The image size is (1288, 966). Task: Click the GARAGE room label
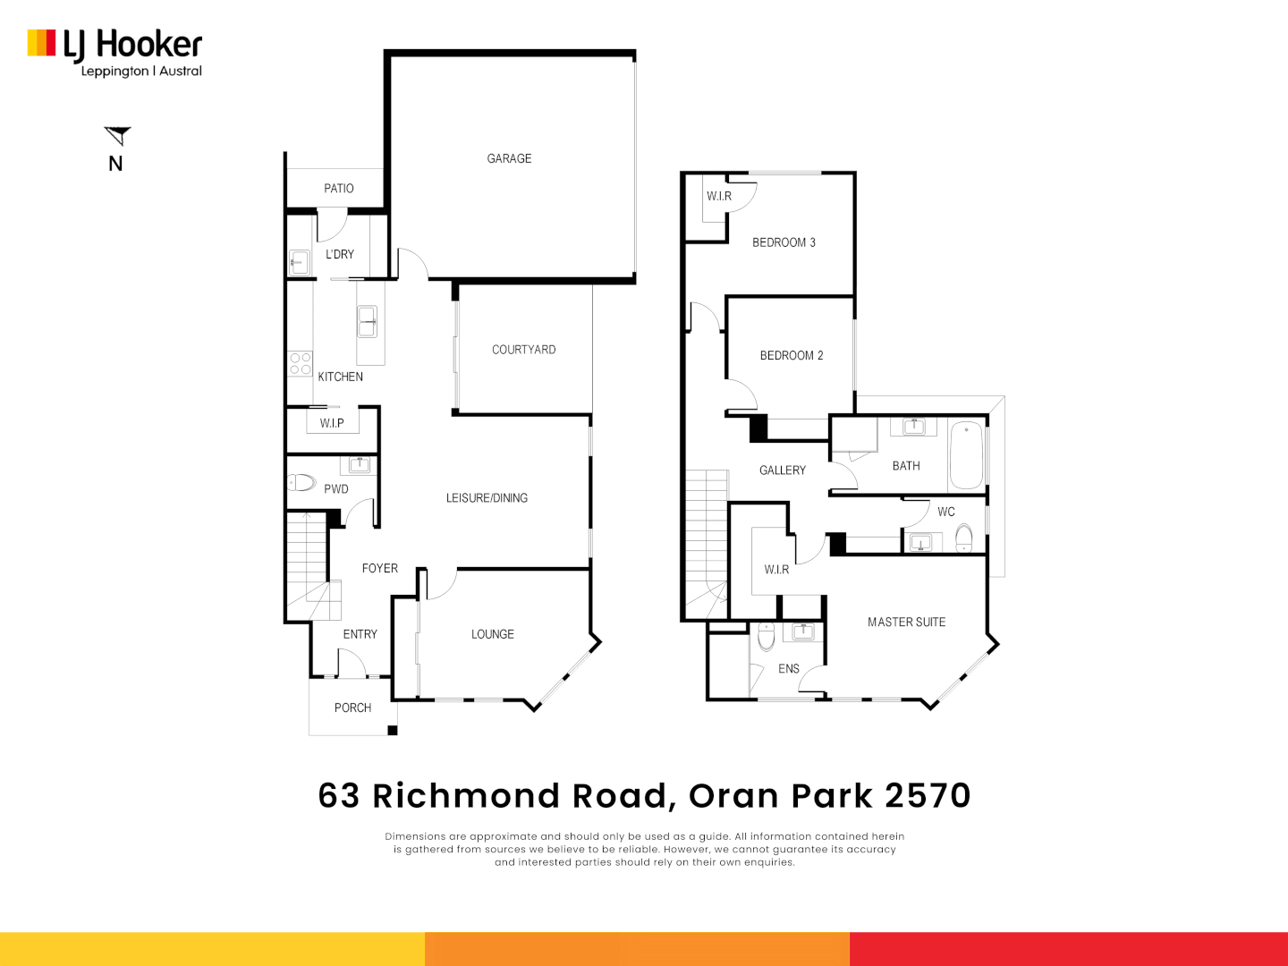[x=509, y=158]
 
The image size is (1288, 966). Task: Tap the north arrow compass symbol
[x=117, y=136]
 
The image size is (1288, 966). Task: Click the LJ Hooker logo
[x=114, y=53]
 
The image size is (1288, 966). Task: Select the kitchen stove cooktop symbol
[x=301, y=363]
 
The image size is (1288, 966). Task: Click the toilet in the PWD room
[x=302, y=483]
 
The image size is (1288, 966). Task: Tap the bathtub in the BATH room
[x=966, y=456]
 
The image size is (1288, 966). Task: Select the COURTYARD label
[x=523, y=350]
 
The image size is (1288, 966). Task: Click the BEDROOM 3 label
[x=784, y=242]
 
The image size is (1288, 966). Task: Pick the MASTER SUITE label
[x=906, y=622]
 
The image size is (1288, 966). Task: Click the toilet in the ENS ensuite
[x=766, y=637]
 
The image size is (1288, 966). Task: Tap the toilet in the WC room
[x=963, y=538]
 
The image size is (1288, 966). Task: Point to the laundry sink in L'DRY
[x=299, y=262]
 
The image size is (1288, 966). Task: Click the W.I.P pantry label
[x=332, y=423]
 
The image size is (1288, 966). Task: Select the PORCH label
[x=352, y=708]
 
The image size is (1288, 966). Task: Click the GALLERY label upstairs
[x=782, y=470]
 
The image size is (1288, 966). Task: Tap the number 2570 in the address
[x=928, y=795]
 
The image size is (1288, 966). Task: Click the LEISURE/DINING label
[x=487, y=498]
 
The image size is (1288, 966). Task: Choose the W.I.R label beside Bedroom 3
[x=718, y=196]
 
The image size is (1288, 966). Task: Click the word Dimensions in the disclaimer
[x=416, y=836]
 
